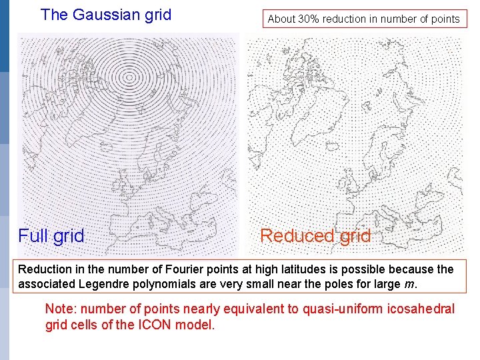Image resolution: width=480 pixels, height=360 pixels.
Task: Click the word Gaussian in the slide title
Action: click(x=103, y=15)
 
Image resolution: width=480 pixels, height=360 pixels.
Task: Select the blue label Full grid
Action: click(x=51, y=236)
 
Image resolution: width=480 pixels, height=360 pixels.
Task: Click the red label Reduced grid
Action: click(x=315, y=236)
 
